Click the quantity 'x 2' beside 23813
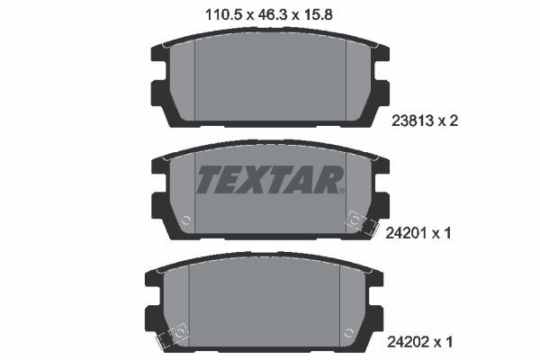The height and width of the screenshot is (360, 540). click(x=450, y=126)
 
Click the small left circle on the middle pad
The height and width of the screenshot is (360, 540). click(x=185, y=220)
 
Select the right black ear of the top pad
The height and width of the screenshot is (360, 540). click(x=381, y=73)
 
